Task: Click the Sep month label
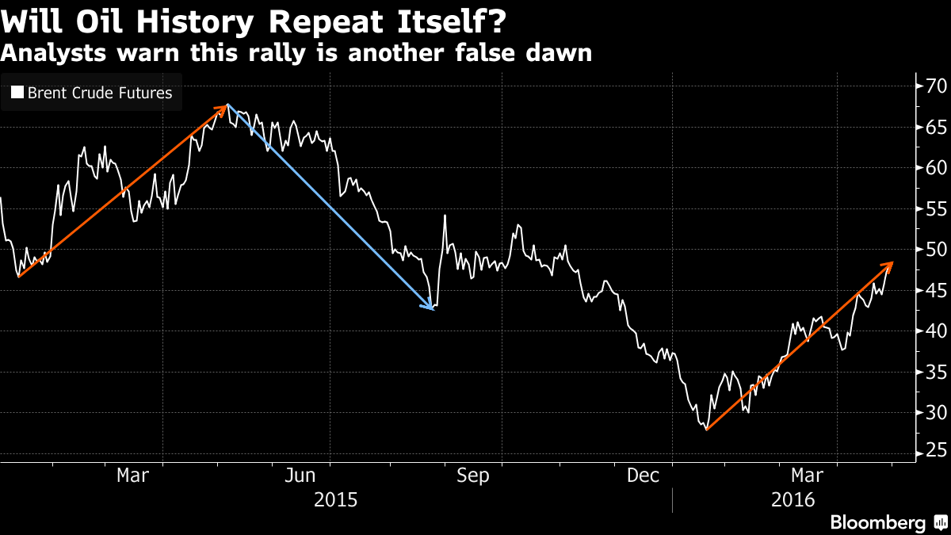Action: pos(473,476)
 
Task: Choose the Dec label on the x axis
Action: pos(643,476)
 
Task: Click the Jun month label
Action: pos(302,476)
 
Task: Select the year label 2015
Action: pos(336,500)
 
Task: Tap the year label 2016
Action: pos(794,500)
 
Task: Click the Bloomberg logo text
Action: pos(877,522)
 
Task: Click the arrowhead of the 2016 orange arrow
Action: pos(892,262)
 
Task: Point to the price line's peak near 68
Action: pos(228,105)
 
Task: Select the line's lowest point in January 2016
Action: pos(705,429)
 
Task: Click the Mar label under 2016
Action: pos(807,476)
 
